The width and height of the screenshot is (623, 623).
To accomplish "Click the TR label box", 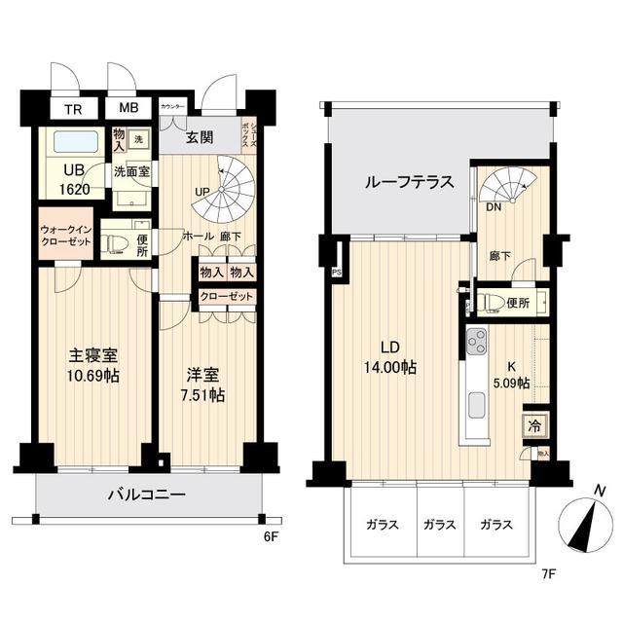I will (73, 109).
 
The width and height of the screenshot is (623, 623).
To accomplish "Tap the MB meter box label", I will (128, 109).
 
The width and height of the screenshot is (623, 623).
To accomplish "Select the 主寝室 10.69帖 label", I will (93, 366).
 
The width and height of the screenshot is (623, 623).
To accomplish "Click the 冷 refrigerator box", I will (534, 425).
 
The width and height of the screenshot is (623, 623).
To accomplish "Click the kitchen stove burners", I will (476, 342).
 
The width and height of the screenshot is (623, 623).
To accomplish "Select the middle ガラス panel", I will (439, 525).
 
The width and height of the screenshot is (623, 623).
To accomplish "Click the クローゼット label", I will (227, 297).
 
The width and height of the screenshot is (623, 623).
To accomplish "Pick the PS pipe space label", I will (337, 273).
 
